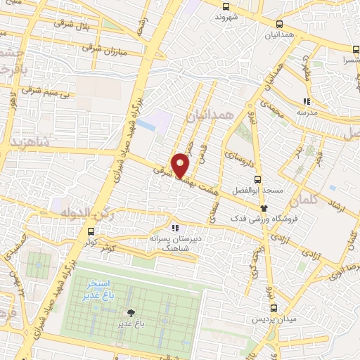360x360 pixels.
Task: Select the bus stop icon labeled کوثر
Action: [x=91, y=233]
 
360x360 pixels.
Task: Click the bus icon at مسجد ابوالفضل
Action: [x=257, y=179]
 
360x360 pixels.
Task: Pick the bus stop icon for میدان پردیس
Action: [x=274, y=307]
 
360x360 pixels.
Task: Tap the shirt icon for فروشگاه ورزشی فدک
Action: [x=264, y=207]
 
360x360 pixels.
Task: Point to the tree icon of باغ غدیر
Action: [x=131, y=313]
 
